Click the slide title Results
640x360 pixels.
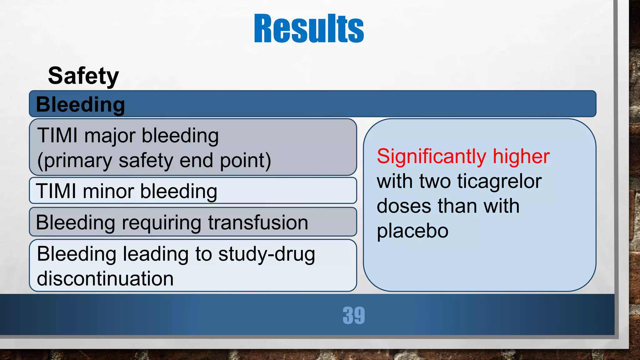[309, 29]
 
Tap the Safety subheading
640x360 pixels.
[83, 76]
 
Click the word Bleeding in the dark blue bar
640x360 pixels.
[80, 104]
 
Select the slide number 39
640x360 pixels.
[353, 315]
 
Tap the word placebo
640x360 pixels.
[412, 231]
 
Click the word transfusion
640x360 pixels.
[258, 222]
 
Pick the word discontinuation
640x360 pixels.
[105, 278]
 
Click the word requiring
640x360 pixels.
[161, 223]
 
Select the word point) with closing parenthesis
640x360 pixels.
[245, 161]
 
